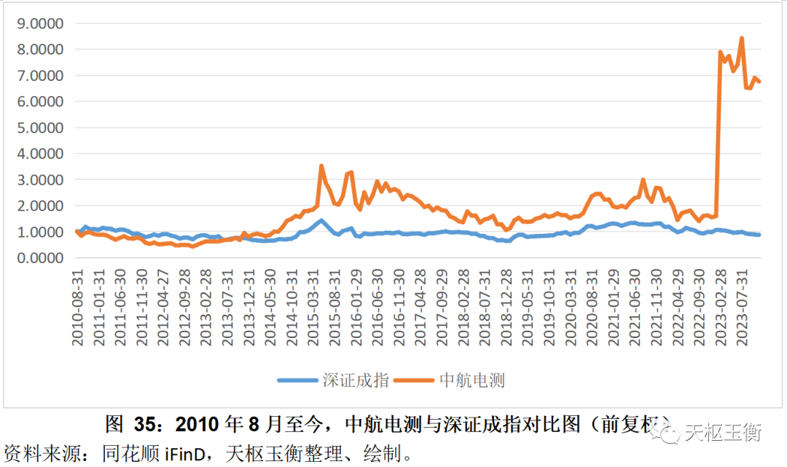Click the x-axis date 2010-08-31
pyautogui.click(x=77, y=307)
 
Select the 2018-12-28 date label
pyautogui.click(x=505, y=307)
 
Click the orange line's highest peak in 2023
pyautogui.click(x=742, y=38)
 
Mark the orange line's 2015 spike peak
pyautogui.click(x=321, y=166)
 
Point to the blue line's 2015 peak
pyautogui.click(x=321, y=220)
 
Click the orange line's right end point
pyautogui.click(x=760, y=82)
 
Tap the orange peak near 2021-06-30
pyautogui.click(x=643, y=179)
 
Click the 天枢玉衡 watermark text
pyautogui.click(x=722, y=433)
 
